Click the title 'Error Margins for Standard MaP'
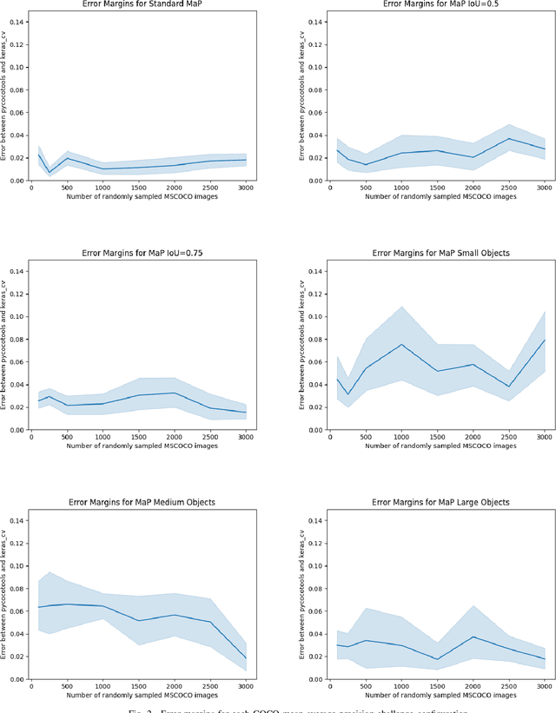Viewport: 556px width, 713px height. point(138,5)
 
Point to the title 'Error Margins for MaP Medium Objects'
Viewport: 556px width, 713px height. point(138,501)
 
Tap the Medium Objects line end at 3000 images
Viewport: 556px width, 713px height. point(246,659)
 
